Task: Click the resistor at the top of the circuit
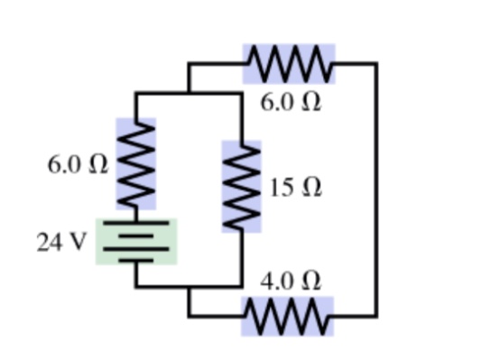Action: point(290,64)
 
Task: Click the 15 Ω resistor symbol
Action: point(241,187)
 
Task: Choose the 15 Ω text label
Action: point(295,189)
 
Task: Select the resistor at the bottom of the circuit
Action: point(287,316)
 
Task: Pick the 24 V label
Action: point(61,242)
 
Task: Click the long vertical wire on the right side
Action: point(375,189)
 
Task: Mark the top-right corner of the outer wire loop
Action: point(375,64)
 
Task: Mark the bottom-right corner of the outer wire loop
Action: point(375,316)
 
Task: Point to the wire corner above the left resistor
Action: point(135,93)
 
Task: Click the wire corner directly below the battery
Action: point(135,286)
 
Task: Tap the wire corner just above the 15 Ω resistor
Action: point(241,93)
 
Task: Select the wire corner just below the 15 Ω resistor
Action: point(241,286)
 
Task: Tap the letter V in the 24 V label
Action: point(76,242)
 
